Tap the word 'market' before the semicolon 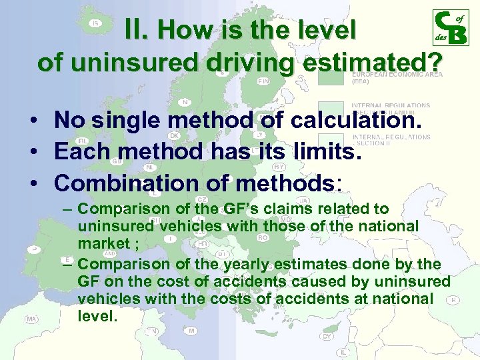click(103, 243)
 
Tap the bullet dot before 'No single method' click(33, 122)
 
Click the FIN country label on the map click(263, 81)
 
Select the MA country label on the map click(31, 319)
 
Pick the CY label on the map click(327, 336)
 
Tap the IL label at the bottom click(343, 351)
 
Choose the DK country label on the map click(174, 135)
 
